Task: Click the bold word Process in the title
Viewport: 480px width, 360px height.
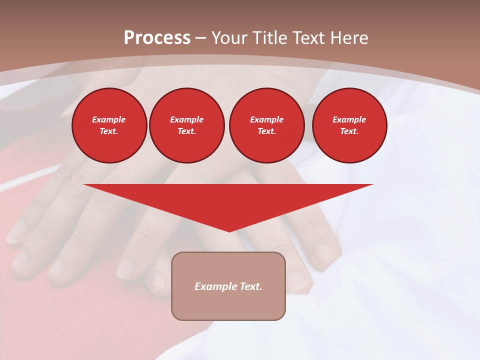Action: (157, 38)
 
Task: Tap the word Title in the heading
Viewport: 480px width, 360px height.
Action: (271, 38)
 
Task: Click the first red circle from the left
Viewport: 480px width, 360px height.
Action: (109, 125)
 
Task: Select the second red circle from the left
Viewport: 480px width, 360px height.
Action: (186, 125)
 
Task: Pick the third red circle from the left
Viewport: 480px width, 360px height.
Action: (266, 125)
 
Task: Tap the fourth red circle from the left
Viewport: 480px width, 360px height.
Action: (349, 125)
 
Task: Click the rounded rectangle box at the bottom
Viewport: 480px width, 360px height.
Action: (228, 300)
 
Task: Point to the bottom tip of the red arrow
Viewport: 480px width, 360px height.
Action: (229, 231)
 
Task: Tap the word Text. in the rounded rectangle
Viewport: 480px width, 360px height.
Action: (250, 286)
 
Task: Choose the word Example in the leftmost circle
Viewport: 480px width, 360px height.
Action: (109, 119)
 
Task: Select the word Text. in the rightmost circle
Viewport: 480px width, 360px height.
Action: (349, 131)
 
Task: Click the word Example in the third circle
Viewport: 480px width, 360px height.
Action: (266, 119)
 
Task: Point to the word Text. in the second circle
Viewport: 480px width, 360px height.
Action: (186, 131)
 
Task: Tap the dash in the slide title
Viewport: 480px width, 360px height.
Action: (201, 38)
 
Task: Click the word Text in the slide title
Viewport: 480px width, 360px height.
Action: (308, 38)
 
